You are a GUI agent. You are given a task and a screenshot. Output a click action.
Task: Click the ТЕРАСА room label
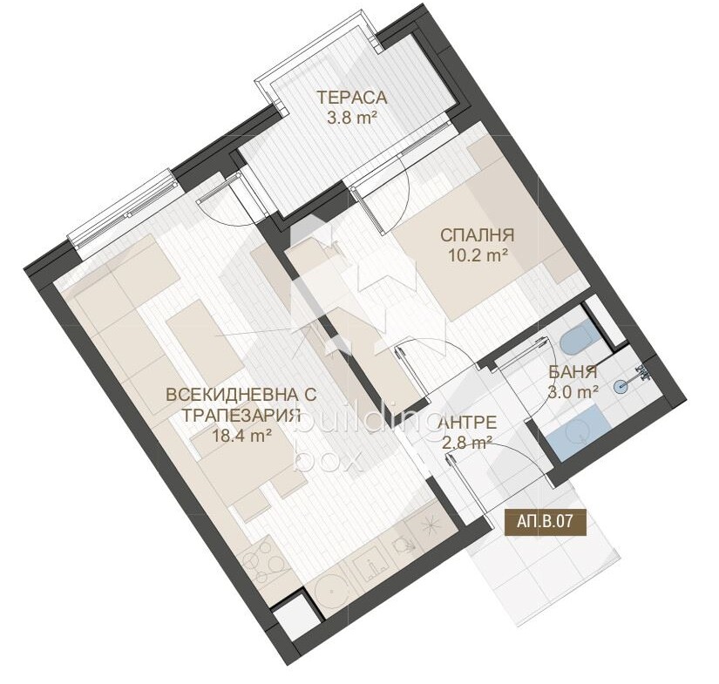click(352, 98)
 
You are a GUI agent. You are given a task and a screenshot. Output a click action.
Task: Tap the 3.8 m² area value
click(352, 119)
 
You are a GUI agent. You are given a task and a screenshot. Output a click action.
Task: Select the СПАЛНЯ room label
click(478, 235)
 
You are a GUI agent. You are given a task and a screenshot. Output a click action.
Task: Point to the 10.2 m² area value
click(478, 256)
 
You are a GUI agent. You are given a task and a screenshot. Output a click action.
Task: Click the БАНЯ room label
click(573, 372)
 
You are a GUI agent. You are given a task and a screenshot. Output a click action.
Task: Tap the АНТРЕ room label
click(468, 422)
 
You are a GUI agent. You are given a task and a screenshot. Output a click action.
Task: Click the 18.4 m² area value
click(240, 435)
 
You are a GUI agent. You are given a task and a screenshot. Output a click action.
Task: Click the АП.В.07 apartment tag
click(546, 521)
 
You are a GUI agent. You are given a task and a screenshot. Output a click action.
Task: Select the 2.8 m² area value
click(468, 443)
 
